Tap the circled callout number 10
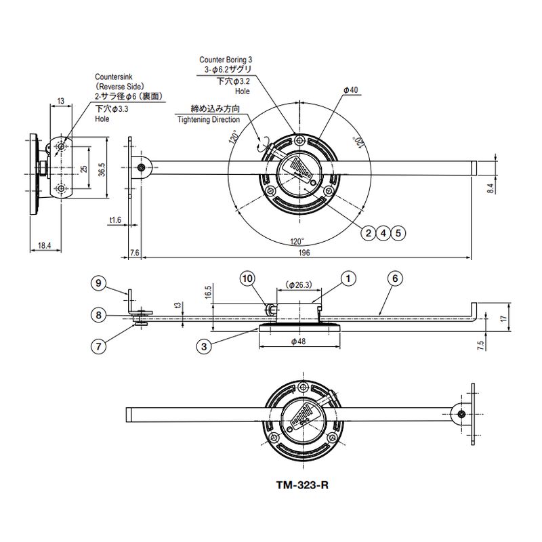pos(248,278)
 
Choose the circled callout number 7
pos(98,346)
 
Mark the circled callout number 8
pos(98,315)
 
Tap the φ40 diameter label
pos(350,90)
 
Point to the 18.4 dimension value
pos(44,245)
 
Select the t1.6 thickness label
pos(115,220)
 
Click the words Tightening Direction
pos(209,119)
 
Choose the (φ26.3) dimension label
pos(298,285)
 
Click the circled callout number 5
pos(398,233)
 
